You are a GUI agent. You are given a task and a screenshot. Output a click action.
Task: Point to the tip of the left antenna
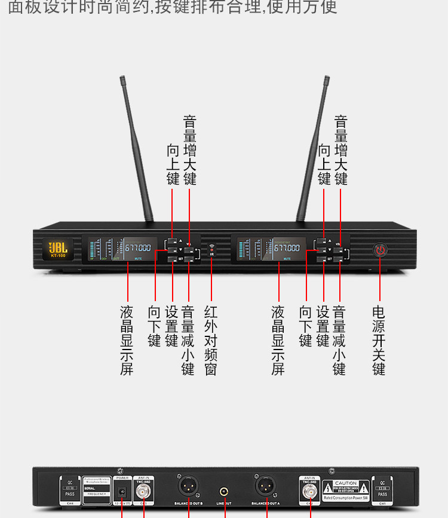pos(121,78)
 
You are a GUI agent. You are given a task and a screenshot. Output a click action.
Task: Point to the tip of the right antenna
pos(327,78)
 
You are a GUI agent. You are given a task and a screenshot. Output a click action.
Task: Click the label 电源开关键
pos(379,340)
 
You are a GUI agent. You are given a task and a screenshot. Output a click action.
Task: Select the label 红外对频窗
pos(211,340)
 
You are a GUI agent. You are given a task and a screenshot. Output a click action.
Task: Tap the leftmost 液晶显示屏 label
pos(127,340)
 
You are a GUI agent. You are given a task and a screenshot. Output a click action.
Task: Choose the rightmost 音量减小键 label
pos(339,340)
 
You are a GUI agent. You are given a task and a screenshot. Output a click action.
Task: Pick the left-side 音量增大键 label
pos(189,150)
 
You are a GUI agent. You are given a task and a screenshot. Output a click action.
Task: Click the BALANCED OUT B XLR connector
pos(188,485)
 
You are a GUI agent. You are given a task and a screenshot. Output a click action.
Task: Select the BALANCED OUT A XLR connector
pos(265,485)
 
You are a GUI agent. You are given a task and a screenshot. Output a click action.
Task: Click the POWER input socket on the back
pos(122,491)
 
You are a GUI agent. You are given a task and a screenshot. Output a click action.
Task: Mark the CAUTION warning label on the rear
pos(345,488)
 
